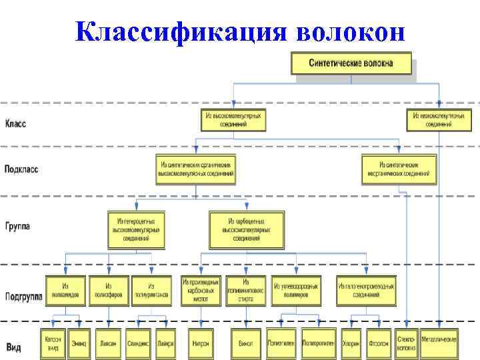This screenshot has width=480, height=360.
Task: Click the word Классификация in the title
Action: pos(179,29)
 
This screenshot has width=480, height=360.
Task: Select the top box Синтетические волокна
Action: pos(351,64)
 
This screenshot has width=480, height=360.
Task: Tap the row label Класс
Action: pos(16,123)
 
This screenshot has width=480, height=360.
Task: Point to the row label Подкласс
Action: pos(21,169)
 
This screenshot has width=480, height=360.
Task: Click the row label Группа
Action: pos(17,227)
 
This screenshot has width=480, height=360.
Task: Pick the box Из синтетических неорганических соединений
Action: pos(399,169)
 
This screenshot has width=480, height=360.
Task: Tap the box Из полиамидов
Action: pos(66,290)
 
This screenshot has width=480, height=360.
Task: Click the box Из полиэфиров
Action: pos(108,290)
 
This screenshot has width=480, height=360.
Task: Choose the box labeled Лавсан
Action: pos(108,343)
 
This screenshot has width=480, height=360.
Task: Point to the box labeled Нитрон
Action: pos(201,343)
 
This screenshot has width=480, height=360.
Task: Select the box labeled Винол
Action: pos(245,343)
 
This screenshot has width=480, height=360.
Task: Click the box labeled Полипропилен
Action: pos(319,343)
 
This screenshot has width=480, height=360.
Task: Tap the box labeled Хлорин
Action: pos(351,343)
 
